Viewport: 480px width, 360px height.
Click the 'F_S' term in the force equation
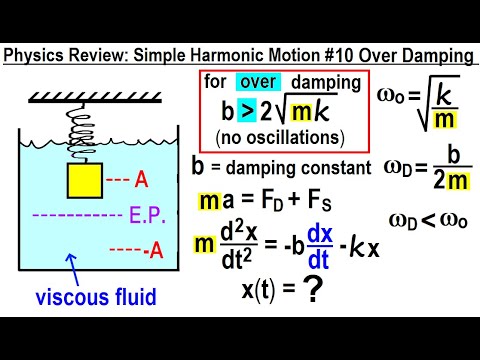[337, 202]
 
